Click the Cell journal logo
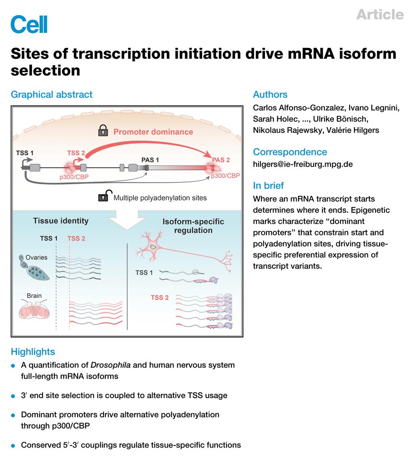coord(29,24)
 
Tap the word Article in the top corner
coord(380,15)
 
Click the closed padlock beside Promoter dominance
coord(103,131)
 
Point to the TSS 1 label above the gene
coord(24,153)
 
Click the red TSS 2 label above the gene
coord(76,153)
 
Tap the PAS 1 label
coord(150,160)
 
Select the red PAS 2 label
coord(221,160)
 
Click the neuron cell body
coord(152,246)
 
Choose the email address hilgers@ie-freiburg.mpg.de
coord(303,164)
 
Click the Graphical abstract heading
coord(51,94)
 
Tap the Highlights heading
coord(33,352)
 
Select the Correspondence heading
coord(290,152)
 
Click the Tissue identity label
coord(60,221)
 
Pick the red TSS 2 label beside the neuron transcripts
coord(160,297)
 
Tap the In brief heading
coord(268,185)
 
